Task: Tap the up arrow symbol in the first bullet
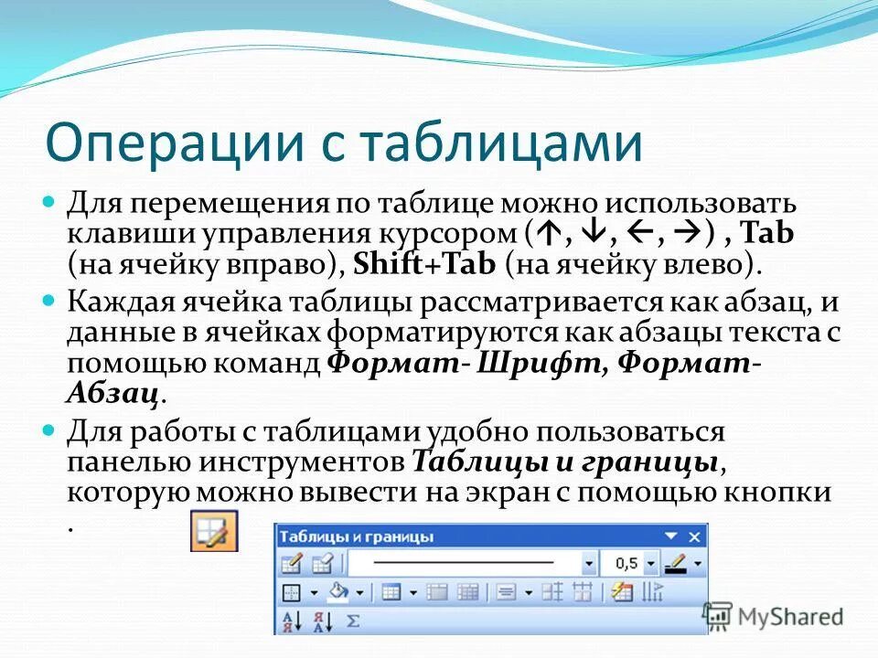[x=551, y=234]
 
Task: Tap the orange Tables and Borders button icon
[x=213, y=531]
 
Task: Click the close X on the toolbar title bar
[x=695, y=536]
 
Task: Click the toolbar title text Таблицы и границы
[x=356, y=537]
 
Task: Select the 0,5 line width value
[x=626, y=563]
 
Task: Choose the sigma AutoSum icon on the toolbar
[x=354, y=621]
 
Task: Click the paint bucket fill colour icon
[x=338, y=592]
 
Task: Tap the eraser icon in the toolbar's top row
[x=322, y=563]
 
